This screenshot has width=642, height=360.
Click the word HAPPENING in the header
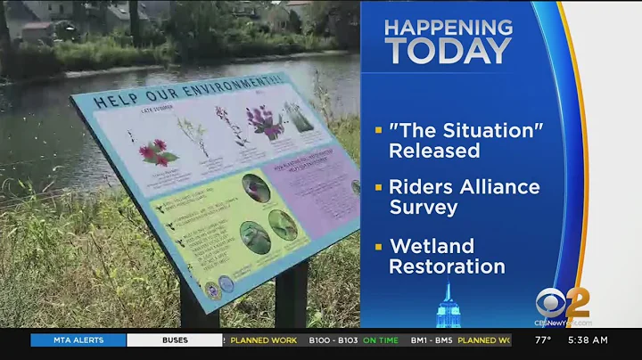point(449,27)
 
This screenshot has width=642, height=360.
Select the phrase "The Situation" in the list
point(465,130)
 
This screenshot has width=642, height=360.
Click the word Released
point(434,151)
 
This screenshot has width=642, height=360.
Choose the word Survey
point(424,208)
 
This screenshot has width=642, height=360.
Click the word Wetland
point(432,246)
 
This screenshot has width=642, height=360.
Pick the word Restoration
point(447,266)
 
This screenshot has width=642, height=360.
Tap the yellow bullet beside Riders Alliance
point(379,187)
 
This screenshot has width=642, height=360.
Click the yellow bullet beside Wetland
point(379,246)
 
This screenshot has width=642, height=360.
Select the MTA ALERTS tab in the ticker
point(78,340)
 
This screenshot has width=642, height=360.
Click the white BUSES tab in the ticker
point(175,340)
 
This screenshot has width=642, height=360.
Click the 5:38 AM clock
point(588,340)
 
